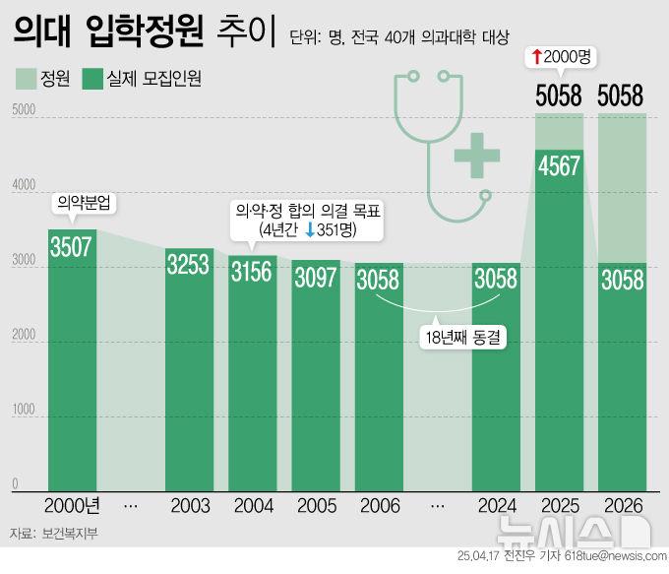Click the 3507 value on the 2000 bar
coord(72,246)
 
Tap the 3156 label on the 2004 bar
coord(254,271)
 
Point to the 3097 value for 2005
coord(316,277)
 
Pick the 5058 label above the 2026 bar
coord(621,96)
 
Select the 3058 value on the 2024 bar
coord(496,279)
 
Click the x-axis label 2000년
coord(72,505)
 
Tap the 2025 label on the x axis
coord(559,505)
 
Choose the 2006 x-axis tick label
coord(378,505)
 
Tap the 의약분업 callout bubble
coord(84,204)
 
